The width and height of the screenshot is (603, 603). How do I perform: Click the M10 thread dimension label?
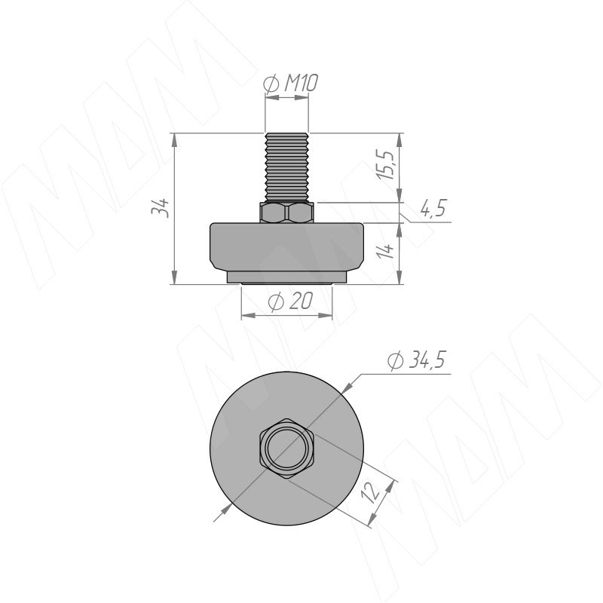pos(291,84)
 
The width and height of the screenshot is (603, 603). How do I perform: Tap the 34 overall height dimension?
pos(161,208)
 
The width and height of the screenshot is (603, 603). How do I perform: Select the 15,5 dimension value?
pos(386,164)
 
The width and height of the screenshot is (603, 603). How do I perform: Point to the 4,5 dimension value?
pos(433,209)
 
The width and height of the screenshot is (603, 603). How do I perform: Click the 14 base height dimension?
pos(386,251)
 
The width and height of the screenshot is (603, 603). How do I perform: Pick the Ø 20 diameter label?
pos(291,301)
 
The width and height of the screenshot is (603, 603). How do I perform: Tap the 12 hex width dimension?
pos(372,493)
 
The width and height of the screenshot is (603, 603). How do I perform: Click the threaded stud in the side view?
pos(287,167)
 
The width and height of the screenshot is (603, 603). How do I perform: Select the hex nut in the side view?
pos(287,213)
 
